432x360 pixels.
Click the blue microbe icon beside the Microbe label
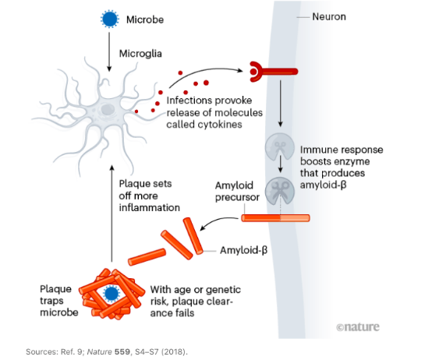click(110, 19)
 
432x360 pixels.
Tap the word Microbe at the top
click(145, 19)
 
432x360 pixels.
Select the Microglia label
click(140, 54)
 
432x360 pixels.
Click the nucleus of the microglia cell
click(107, 109)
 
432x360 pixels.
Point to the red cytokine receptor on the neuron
click(273, 72)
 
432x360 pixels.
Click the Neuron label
click(329, 17)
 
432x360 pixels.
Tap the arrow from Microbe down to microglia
click(109, 51)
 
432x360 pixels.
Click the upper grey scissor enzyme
click(280, 146)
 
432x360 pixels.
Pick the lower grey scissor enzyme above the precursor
click(280, 191)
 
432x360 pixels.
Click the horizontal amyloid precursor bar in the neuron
click(275, 218)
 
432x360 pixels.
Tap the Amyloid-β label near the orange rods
click(243, 250)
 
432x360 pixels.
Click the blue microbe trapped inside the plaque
click(111, 293)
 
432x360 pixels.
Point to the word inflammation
click(149, 207)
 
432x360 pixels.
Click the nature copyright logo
click(358, 326)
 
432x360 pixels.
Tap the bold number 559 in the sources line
click(122, 351)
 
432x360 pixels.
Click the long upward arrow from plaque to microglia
click(112, 214)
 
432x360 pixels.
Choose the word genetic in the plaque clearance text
click(223, 290)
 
